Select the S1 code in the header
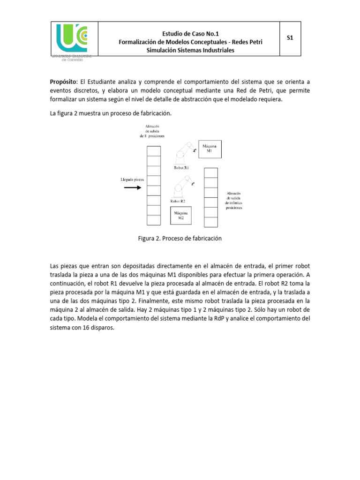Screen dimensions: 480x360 tap(290, 38)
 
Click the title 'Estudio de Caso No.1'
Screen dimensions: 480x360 tap(190, 33)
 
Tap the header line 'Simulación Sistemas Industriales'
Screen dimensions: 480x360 tap(190, 50)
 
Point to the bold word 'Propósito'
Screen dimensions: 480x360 tap(65, 82)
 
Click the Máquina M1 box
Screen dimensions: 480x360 tap(210, 149)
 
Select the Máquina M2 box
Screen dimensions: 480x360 tap(180, 215)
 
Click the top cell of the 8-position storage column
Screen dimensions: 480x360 tap(153, 151)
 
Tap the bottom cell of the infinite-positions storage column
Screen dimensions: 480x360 tap(211, 222)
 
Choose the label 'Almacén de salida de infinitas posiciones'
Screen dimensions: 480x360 tap(234, 200)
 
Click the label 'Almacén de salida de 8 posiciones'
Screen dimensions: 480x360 tap(154, 131)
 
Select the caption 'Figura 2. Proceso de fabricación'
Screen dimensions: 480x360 tap(180, 239)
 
